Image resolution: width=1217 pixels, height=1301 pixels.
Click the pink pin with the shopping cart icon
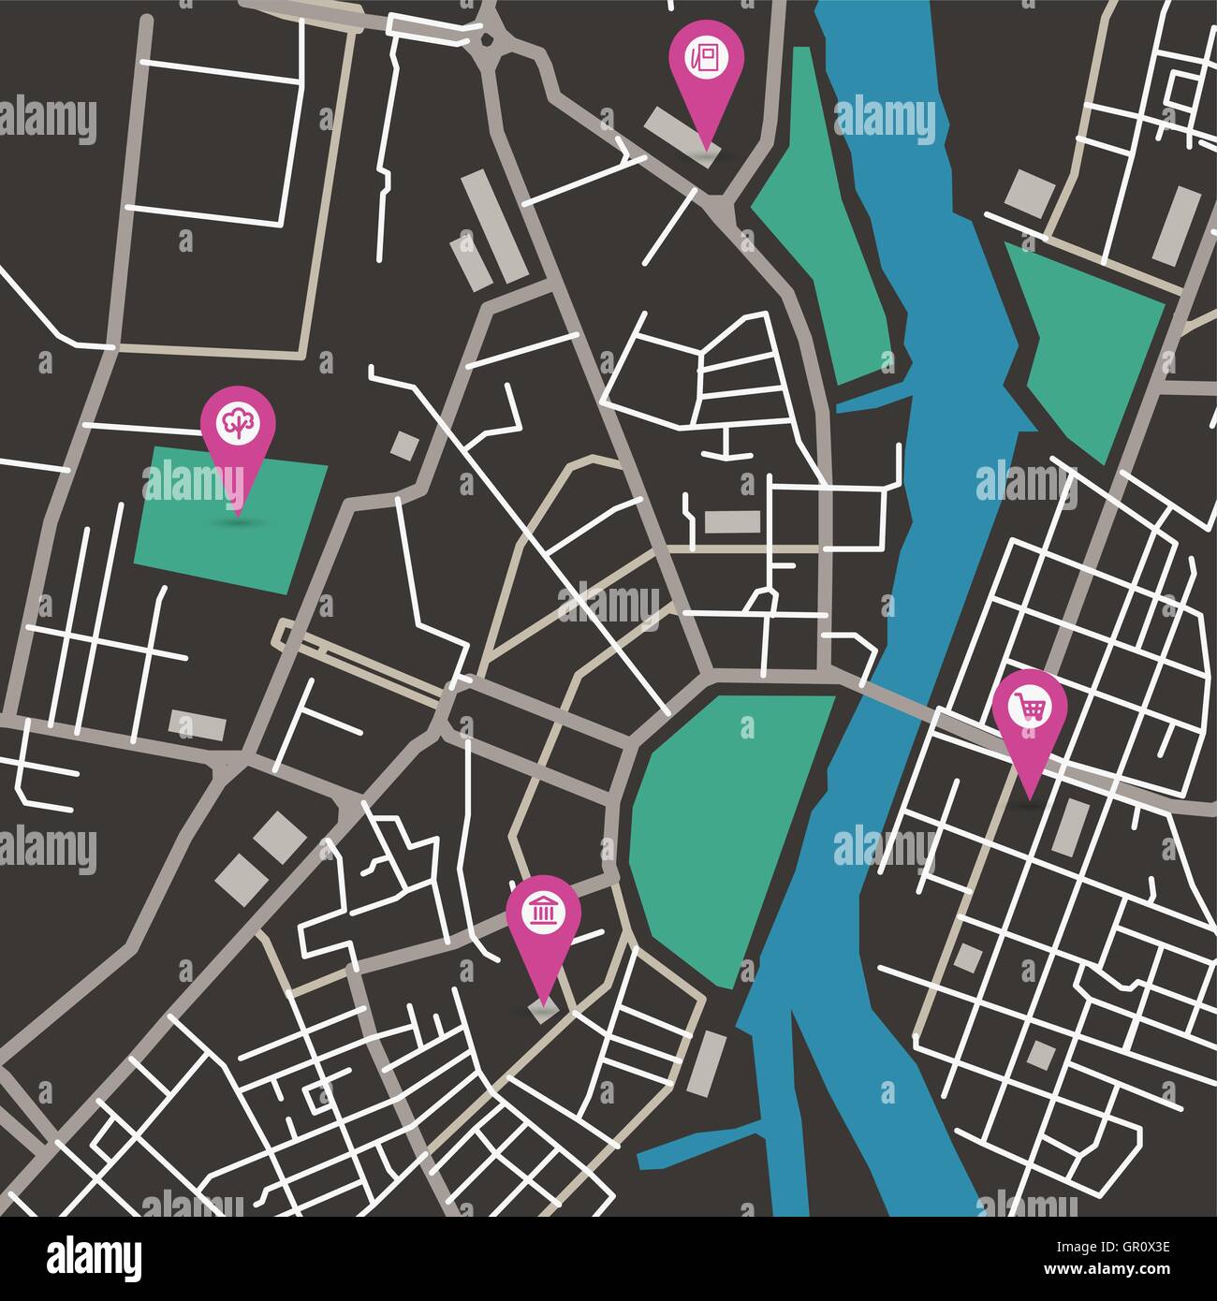(x=1030, y=709)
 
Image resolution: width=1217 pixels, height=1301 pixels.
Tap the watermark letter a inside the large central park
(x=746, y=727)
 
